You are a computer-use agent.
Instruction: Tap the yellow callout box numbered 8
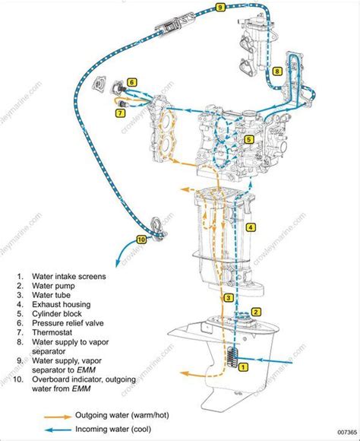tap(278, 71)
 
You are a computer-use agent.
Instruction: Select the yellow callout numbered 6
tap(131, 82)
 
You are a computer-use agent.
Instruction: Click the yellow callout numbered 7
tap(120, 113)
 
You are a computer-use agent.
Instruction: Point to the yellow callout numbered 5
tap(249, 140)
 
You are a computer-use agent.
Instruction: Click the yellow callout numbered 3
tap(229, 298)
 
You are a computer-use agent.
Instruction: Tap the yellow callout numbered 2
tap(257, 311)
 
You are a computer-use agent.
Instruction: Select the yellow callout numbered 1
tap(243, 367)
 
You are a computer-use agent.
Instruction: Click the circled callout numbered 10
tap(141, 239)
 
